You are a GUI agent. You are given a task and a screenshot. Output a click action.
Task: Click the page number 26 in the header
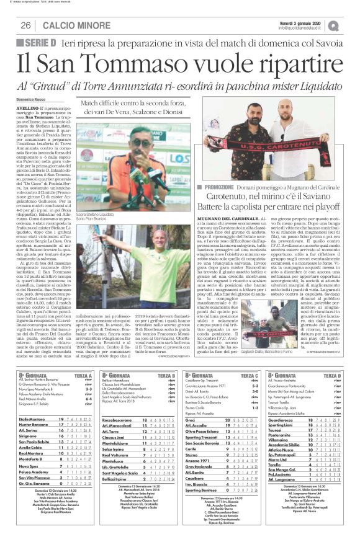click(25, 25)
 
